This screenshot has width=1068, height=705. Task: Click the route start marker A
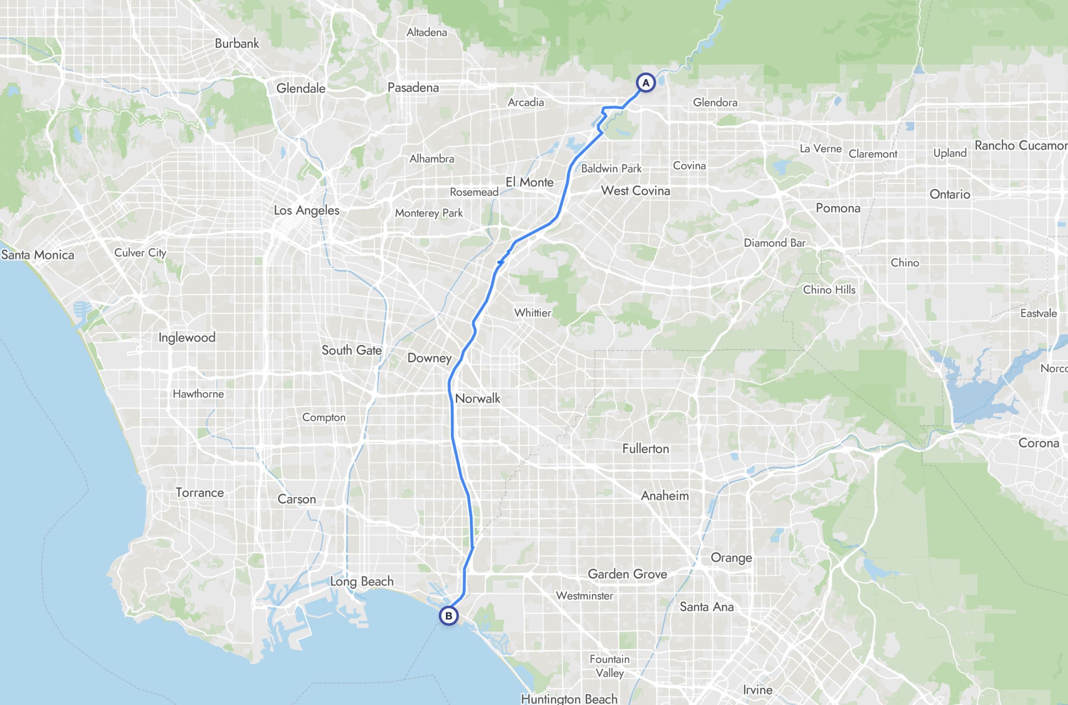click(646, 83)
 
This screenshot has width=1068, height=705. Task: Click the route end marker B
click(448, 616)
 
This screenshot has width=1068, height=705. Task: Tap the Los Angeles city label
click(306, 210)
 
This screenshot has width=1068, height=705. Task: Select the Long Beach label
click(362, 581)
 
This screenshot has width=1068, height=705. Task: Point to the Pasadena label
click(413, 88)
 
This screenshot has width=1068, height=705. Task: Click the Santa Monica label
click(38, 255)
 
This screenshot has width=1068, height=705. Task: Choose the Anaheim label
click(664, 496)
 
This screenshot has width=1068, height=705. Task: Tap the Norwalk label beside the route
click(477, 398)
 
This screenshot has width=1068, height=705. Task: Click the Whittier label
click(533, 313)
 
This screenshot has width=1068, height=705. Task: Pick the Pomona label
click(838, 208)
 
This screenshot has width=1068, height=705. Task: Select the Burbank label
click(237, 44)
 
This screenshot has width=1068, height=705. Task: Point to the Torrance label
click(199, 493)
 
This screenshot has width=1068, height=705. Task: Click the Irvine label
click(758, 690)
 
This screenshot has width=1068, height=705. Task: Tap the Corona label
click(1038, 443)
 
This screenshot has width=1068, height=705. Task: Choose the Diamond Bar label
click(774, 243)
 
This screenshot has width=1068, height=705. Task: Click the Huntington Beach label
click(569, 699)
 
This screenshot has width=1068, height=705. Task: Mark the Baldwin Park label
click(611, 168)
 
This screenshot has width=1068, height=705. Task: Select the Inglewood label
click(187, 338)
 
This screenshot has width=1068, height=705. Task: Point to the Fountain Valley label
click(610, 666)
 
